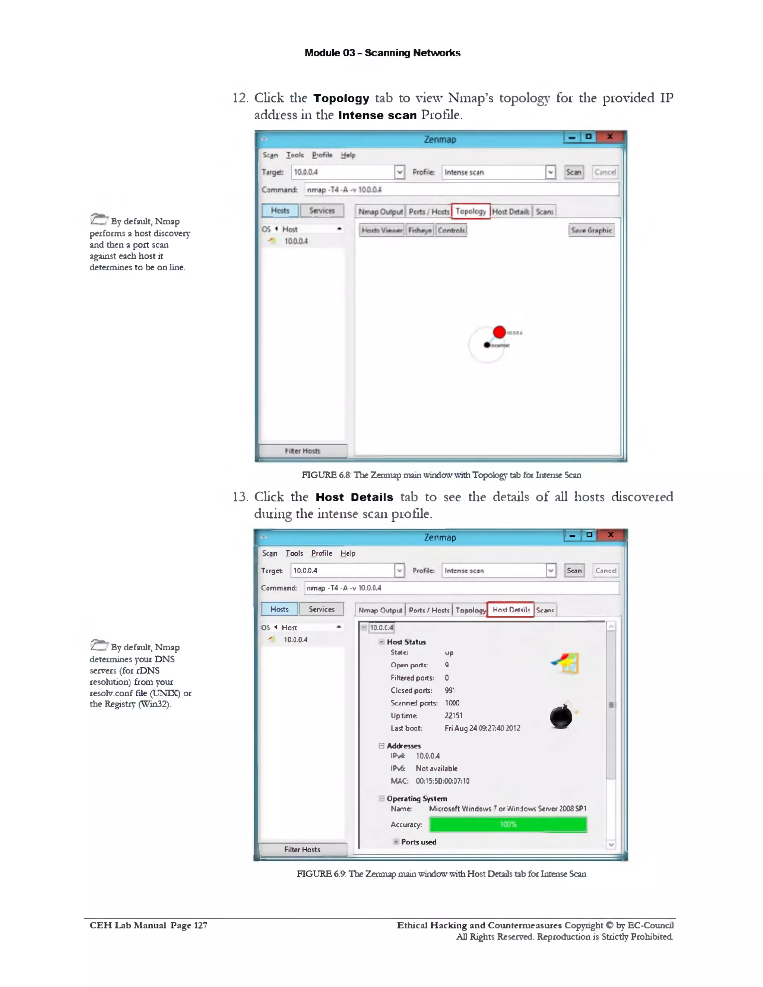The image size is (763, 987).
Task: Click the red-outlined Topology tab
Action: point(471,211)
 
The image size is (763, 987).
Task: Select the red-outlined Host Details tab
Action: point(511,610)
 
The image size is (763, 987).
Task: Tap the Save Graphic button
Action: point(591,230)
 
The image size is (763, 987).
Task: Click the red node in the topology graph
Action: point(499,332)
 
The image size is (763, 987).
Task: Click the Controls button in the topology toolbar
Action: point(451,230)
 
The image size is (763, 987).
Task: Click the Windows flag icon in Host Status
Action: point(566,663)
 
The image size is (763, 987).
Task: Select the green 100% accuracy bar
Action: point(508,824)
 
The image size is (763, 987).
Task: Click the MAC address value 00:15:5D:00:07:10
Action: point(443,781)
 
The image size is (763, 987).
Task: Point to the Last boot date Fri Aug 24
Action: point(482,728)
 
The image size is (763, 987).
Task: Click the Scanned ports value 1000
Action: point(452,703)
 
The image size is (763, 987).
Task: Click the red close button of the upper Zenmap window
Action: point(610,136)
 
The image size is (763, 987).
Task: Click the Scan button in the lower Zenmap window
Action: point(574,570)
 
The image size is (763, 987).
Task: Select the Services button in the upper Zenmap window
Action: point(322,210)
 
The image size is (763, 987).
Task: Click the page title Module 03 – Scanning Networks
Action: point(382,53)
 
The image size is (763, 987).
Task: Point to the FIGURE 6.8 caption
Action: point(441,475)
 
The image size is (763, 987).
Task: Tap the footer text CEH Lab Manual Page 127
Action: point(148,925)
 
